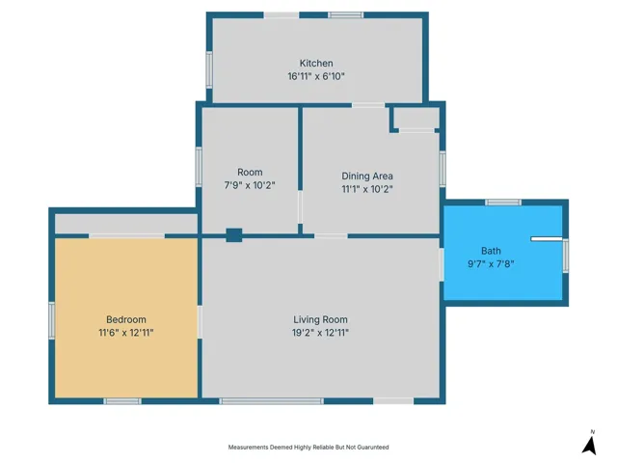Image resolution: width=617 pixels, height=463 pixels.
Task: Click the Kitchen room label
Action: pos(316,63)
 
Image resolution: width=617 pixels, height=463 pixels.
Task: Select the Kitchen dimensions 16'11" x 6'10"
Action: pos(316,76)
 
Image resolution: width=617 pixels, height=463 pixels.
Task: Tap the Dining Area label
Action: pos(367,176)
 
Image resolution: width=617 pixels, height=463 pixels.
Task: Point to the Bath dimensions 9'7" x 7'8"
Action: pos(491,263)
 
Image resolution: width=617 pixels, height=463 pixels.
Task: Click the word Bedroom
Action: pos(126,319)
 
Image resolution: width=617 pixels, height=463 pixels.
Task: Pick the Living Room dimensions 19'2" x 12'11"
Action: pos(320,333)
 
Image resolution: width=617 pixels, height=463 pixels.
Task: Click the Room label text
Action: pos(250,172)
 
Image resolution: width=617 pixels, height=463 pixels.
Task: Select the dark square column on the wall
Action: pos(233,235)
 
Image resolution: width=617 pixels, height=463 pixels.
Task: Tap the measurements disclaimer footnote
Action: pos(308,447)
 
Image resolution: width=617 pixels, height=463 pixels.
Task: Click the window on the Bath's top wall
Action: pos(503,203)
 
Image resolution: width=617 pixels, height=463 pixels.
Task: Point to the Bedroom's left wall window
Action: pos(51,320)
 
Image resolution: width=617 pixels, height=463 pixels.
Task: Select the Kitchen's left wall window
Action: pos(209,69)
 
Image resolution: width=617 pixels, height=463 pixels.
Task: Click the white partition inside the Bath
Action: pos(547,239)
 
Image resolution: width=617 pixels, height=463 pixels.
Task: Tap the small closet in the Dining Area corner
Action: pos(416,118)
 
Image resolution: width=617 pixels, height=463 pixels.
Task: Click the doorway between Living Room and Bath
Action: pos(442,264)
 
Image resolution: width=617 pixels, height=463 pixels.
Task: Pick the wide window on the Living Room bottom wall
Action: pos(272,401)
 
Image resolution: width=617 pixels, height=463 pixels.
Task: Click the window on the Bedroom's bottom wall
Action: pos(122,401)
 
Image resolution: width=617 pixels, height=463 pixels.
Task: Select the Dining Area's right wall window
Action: pos(443,169)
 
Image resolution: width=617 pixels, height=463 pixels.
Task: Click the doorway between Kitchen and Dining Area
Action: pos(368,105)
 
